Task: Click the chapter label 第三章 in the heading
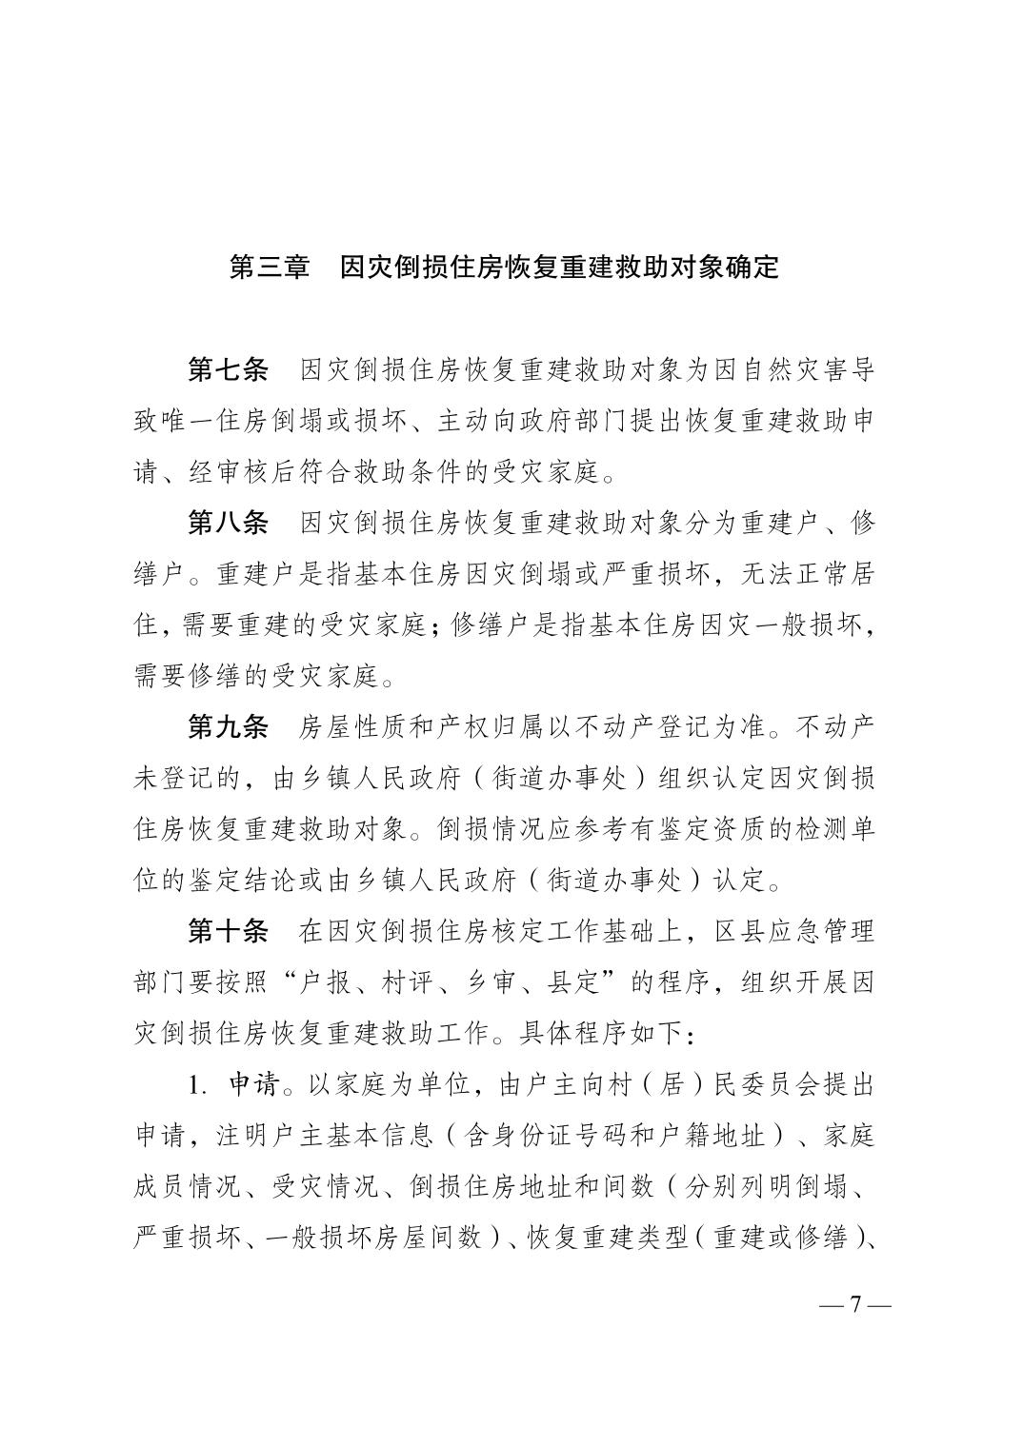pos(270,268)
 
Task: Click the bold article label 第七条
pos(229,370)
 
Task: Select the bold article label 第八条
pos(229,523)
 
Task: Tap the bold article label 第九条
pos(229,727)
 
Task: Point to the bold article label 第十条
pos(229,931)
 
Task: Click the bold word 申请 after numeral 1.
pos(252,1084)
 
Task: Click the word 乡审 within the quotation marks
pos(491,982)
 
